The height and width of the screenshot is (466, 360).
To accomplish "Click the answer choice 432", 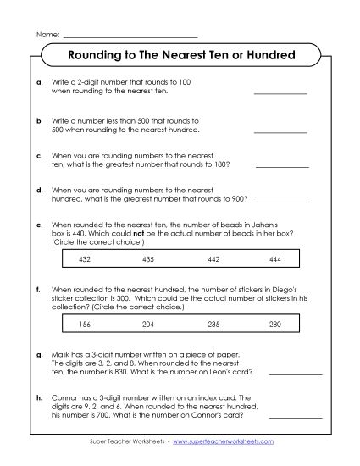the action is point(84,258).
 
